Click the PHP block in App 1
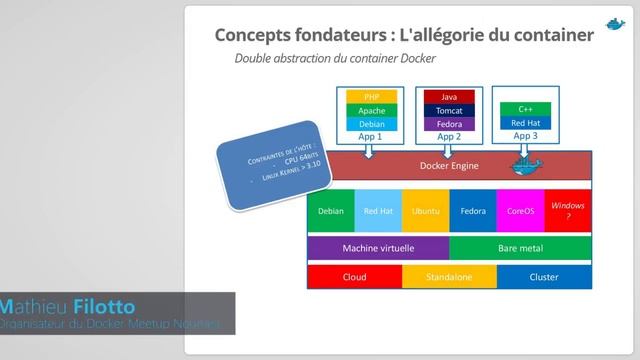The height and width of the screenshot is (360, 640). [372, 97]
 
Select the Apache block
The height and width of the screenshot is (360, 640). [372, 110]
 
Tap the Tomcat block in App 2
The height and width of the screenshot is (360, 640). [449, 110]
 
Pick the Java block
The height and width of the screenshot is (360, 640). [449, 97]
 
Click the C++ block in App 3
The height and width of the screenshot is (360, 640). [526, 108]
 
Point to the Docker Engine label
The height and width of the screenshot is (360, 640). [448, 166]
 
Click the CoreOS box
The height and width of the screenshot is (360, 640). [520, 211]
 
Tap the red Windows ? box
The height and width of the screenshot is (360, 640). [568, 211]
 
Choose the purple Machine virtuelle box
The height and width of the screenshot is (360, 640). [379, 247]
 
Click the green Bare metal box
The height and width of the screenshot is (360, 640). [520, 247]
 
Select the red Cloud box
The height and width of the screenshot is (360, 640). [354, 277]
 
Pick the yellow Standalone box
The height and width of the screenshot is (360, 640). [449, 277]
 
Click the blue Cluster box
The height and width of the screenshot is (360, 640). [544, 277]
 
